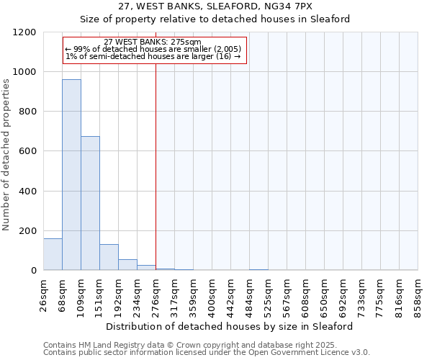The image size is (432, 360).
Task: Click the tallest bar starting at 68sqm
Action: [71, 175]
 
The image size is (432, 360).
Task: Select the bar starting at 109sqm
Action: [90, 203]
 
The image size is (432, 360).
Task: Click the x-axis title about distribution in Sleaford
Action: [230, 326]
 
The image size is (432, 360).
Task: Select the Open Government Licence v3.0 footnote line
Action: [207, 353]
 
